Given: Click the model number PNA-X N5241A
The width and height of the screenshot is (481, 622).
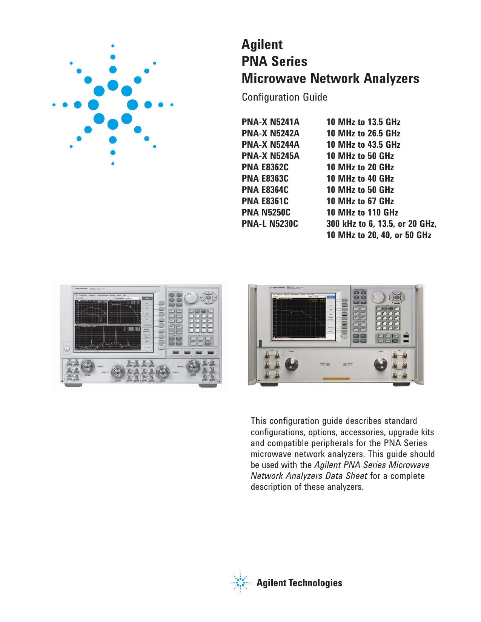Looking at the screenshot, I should pyautogui.click(x=270, y=122).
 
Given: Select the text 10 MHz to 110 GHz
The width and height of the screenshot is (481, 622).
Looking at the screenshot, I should pyautogui.click(x=362, y=212).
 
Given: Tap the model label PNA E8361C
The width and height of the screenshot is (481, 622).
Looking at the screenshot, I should pyautogui.click(x=265, y=201).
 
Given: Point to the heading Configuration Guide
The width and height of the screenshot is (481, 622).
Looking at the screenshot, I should pyautogui.click(x=284, y=97).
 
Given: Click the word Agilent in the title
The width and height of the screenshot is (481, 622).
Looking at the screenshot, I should pyautogui.click(x=262, y=44).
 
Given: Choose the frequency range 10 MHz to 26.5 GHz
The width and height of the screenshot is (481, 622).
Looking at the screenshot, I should pyautogui.click(x=363, y=133).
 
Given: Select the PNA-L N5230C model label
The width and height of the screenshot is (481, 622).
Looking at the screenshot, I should pyautogui.click(x=270, y=224).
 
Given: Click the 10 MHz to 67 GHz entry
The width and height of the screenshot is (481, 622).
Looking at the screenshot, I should pyautogui.click(x=360, y=201).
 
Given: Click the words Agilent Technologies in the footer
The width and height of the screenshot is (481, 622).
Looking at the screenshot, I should pyautogui.click(x=299, y=583).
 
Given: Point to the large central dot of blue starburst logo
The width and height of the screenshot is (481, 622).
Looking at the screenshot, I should pyautogui.click(x=113, y=86).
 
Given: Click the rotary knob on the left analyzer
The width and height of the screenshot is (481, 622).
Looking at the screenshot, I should pyautogui.click(x=191, y=297).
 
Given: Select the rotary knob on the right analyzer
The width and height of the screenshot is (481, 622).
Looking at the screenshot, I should pyautogui.click(x=378, y=296).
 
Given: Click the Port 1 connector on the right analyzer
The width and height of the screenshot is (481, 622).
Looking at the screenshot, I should pyautogui.click(x=291, y=364).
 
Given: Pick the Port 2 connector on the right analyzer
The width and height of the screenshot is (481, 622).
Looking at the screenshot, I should pyautogui.click(x=380, y=364).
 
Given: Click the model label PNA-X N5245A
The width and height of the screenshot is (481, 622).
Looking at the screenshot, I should pyautogui.click(x=270, y=156).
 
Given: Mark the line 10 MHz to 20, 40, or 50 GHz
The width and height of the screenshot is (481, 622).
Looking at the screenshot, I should pyautogui.click(x=379, y=235).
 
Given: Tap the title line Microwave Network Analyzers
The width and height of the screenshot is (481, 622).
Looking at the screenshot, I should pyautogui.click(x=330, y=78).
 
